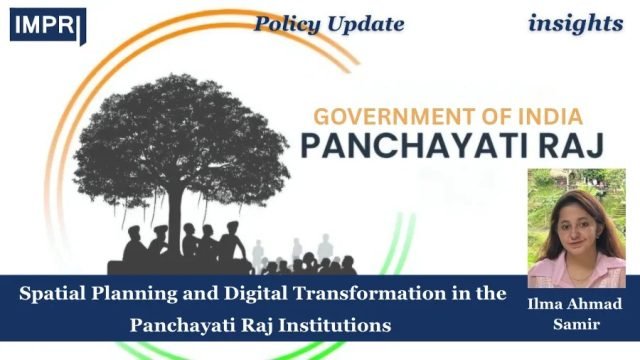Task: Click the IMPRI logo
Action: pyautogui.click(x=47, y=25)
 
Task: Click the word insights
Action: pyautogui.click(x=573, y=22)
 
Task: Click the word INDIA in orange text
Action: pyautogui.click(x=545, y=115)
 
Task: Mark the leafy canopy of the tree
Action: pyautogui.click(x=160, y=140)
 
